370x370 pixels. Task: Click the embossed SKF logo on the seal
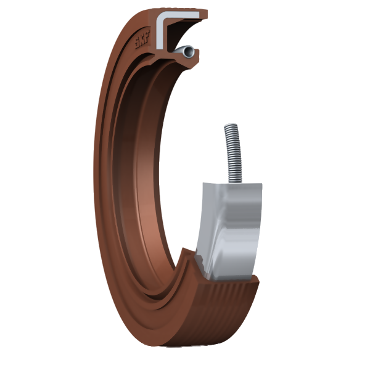[x=142, y=40]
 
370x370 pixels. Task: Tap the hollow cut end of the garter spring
[x=189, y=52]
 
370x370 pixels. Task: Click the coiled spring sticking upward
[x=233, y=153]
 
